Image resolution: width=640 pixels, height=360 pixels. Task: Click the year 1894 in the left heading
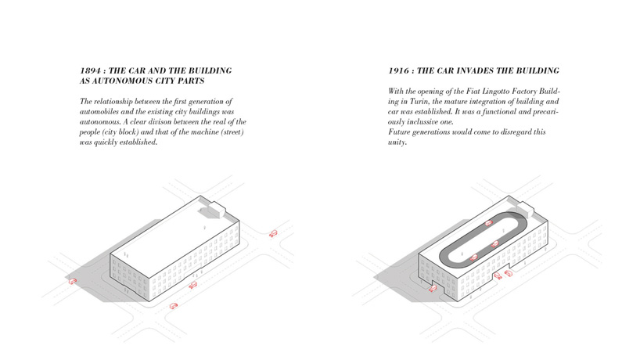coord(90,70)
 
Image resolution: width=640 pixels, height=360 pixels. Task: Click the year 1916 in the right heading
coord(398,70)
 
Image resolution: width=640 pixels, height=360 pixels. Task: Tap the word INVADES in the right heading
coord(491,70)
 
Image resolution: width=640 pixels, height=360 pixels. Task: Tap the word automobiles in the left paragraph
coord(99,112)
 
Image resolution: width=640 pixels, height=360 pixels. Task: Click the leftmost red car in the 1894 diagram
coord(73,280)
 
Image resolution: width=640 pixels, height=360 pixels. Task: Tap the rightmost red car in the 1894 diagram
coord(273,233)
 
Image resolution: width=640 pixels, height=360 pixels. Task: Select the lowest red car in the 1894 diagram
coord(174,305)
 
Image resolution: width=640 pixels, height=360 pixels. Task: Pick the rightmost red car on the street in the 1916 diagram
coord(510,272)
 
